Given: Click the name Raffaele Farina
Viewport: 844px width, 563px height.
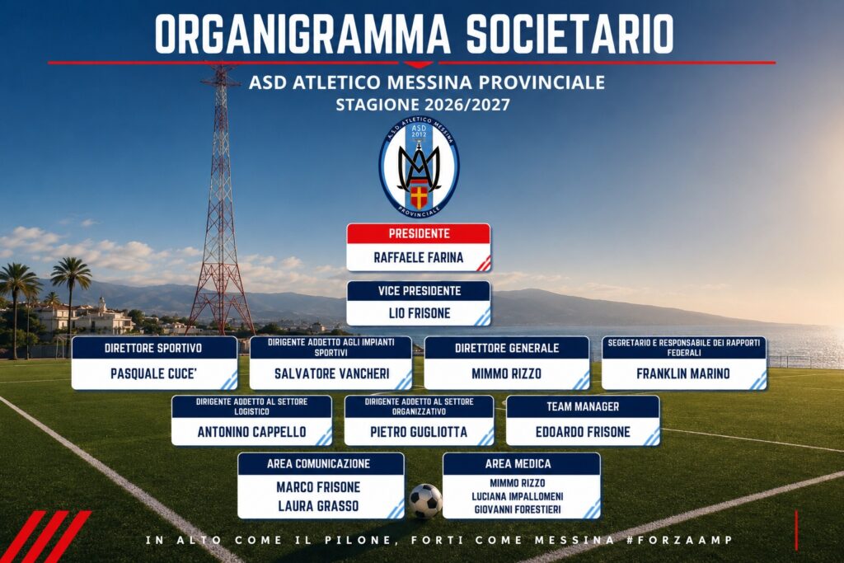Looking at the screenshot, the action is [418, 257].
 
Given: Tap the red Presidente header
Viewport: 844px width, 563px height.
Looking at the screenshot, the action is [419, 233].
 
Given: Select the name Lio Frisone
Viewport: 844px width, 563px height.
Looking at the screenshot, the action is [420, 313].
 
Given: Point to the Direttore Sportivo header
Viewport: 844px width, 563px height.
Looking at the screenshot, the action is [154, 348].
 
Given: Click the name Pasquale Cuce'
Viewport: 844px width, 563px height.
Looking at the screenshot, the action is [153, 373].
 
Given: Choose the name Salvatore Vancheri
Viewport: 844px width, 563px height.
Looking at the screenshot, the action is [331, 373].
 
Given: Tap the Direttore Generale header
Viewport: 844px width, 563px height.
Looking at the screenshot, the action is [507, 348].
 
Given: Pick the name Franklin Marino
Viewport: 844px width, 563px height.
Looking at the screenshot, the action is [683, 373].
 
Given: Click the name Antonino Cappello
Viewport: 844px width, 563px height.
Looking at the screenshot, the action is [251, 432].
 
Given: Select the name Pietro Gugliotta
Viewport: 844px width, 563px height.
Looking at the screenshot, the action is [419, 432].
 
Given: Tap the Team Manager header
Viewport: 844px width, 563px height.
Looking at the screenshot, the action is [583, 406].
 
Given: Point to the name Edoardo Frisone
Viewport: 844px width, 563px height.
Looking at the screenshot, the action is [583, 432].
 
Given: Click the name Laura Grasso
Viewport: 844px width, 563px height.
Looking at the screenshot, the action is [318, 506].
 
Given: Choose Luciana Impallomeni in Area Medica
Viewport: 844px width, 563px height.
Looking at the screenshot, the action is [518, 496].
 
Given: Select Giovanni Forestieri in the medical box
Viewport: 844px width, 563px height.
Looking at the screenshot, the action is [518, 509].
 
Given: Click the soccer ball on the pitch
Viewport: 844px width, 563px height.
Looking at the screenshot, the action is [425, 501].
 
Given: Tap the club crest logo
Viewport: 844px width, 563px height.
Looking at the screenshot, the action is [419, 167].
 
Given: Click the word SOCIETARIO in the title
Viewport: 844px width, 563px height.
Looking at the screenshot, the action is [570, 34].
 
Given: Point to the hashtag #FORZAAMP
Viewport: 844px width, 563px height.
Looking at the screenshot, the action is [679, 540].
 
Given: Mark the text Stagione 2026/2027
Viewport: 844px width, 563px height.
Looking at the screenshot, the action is [423, 105].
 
